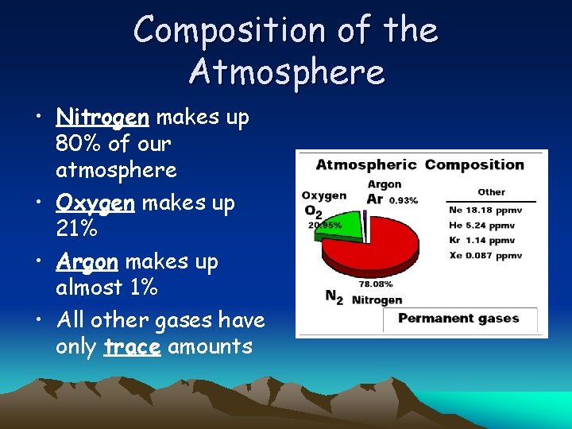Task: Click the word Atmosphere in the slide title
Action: (287, 71)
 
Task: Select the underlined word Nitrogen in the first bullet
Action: (102, 118)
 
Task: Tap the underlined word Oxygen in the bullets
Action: (95, 203)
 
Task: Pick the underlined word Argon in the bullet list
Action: (87, 262)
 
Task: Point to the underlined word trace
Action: (132, 347)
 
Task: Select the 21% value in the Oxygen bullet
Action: (77, 230)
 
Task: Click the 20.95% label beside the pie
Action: (325, 225)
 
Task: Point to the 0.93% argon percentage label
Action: (404, 199)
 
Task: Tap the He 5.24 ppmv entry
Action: (481, 226)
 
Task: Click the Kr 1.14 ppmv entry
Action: (481, 241)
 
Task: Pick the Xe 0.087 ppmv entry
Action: (485, 256)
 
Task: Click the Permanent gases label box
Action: (459, 319)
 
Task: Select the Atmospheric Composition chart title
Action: (419, 165)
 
